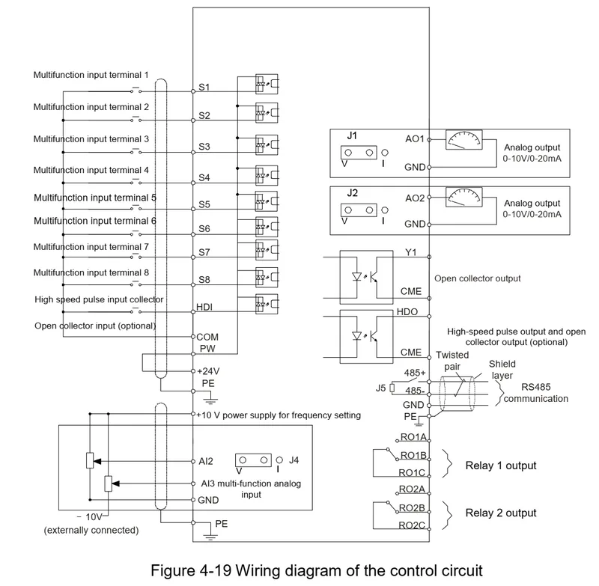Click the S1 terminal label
click(x=204, y=87)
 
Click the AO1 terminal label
click(x=415, y=139)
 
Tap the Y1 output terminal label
click(x=410, y=252)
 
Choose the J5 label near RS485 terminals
click(x=381, y=388)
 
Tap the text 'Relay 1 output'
click(x=501, y=466)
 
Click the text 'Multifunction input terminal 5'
click(x=95, y=198)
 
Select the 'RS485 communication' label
click(x=535, y=394)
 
